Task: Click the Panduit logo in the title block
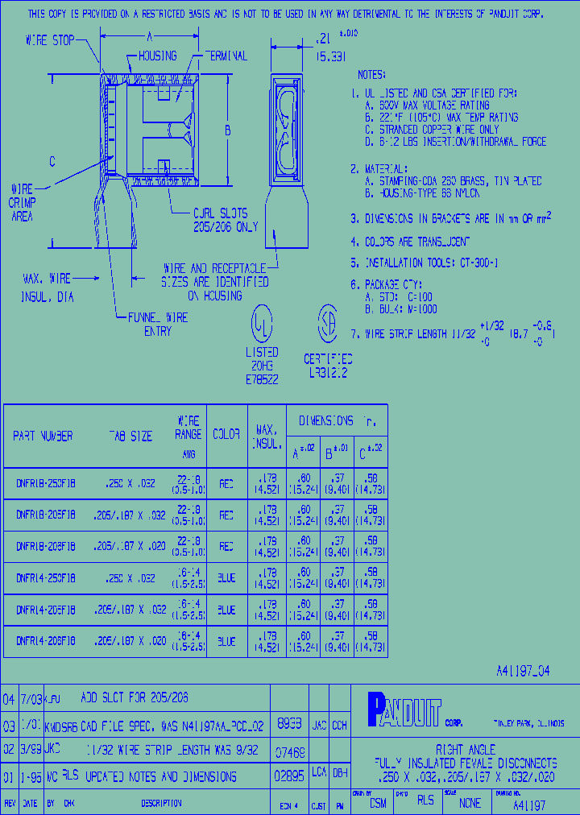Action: coord(404,710)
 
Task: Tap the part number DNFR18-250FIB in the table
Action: coord(46,485)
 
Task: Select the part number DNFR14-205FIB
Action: coord(46,610)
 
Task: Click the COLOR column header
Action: coord(226,434)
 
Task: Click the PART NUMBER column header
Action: coord(43,436)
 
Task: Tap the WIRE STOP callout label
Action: coord(50,39)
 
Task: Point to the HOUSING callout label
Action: coord(157,56)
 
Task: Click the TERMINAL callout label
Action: coord(226,56)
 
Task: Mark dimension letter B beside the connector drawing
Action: coord(228,130)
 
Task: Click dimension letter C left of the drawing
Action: coord(52,161)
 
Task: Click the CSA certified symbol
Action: coord(327,321)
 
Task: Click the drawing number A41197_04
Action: coord(523,671)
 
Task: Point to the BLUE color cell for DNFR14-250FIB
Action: coord(226,578)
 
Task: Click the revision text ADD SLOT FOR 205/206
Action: coord(135,697)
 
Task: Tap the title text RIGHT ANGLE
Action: coord(466,749)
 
